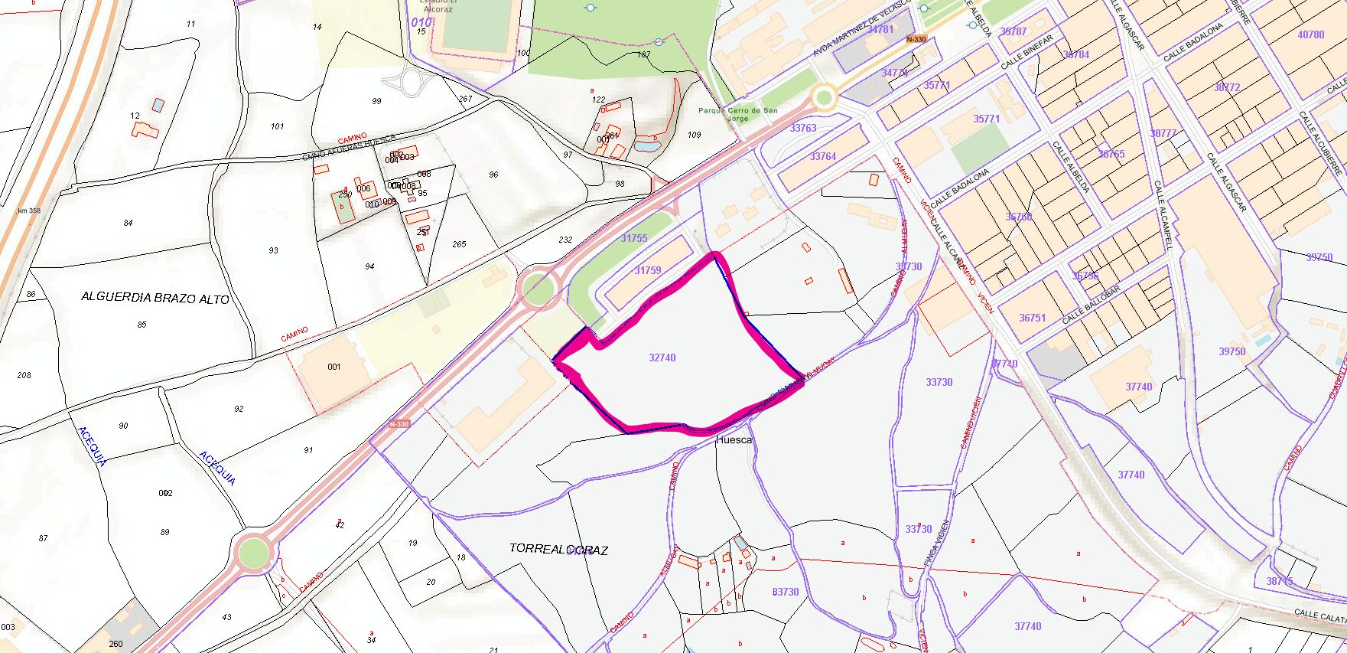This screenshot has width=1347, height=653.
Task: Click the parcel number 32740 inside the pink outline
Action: tap(662, 358)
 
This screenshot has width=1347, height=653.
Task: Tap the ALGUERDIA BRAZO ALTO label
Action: tap(155, 298)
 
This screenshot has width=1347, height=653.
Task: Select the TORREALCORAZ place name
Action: tap(558, 549)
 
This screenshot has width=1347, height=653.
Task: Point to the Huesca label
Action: tap(734, 440)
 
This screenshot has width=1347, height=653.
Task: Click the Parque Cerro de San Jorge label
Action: tap(737, 114)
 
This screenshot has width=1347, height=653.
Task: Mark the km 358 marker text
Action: tap(29, 211)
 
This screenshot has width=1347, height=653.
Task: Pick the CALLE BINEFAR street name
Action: tap(1027, 52)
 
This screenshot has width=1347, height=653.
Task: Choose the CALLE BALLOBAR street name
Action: tap(1091, 305)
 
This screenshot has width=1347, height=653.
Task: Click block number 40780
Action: tap(1310, 34)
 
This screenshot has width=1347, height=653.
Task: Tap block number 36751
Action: tap(1032, 318)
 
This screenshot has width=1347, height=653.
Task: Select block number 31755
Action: tap(633, 238)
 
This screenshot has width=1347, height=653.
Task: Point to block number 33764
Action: tap(823, 156)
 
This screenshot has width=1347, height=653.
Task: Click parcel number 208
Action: tap(24, 375)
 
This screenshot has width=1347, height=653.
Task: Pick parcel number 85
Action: tap(142, 325)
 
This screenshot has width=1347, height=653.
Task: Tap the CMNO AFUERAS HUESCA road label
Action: tap(349, 147)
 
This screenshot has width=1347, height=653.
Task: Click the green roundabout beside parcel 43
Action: tap(253, 552)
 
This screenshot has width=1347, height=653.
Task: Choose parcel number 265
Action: tap(459, 244)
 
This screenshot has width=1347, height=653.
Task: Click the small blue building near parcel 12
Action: tap(158, 104)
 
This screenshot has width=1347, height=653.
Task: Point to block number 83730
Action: tap(785, 592)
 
